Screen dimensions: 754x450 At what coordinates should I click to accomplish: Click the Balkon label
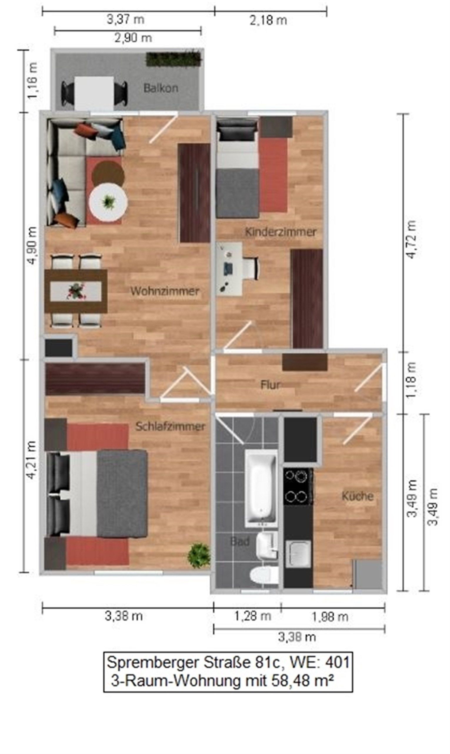(x=160, y=88)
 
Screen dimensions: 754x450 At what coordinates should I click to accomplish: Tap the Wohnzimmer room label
(x=165, y=291)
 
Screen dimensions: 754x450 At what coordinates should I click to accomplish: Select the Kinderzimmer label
(x=281, y=232)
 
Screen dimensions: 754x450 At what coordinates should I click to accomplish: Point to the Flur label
(x=270, y=385)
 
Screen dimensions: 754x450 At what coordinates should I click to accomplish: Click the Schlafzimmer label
(x=170, y=426)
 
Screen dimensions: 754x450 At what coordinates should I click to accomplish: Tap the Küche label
(x=358, y=497)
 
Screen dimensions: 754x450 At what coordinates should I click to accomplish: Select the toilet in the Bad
(x=264, y=575)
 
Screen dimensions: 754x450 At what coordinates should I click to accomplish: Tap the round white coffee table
(x=108, y=202)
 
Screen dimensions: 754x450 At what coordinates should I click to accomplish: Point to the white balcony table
(x=94, y=93)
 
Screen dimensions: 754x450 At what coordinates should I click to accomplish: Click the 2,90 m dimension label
(x=133, y=38)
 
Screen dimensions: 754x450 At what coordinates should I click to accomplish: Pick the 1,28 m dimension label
(x=253, y=616)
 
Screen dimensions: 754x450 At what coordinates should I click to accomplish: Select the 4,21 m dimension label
(x=32, y=460)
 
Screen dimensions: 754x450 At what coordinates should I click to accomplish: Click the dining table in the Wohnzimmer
(x=76, y=291)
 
